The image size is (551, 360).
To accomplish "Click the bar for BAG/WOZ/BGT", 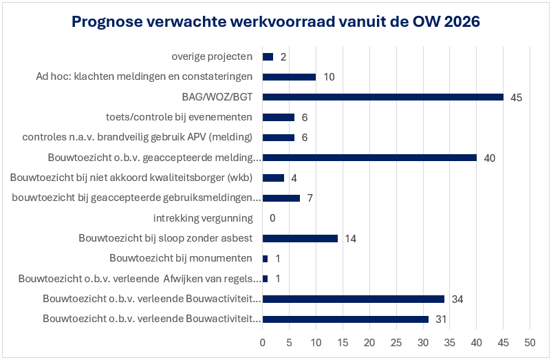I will pos(382,97).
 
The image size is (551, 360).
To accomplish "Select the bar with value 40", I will pos(369,158).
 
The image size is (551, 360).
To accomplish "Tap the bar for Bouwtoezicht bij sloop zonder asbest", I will pos(300,238).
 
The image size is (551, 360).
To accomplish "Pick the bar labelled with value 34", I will pos(354,299).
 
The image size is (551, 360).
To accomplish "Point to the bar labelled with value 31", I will pos(345,319).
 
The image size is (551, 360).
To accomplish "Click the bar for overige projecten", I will pos(268,56).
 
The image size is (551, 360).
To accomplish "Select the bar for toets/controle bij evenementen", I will pos(279,117).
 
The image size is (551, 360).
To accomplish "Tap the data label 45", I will pos(517,98).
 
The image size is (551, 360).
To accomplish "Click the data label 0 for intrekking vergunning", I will pos(273,219).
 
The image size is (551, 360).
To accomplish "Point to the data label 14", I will pos(350,239).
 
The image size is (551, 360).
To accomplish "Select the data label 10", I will pos(329,77).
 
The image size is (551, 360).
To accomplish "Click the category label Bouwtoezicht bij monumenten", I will pos(182,259).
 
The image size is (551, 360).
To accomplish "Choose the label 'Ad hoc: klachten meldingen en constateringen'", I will pos(144,76).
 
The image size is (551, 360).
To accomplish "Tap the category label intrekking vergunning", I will pos(203,218).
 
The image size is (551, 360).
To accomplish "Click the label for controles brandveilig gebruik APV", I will pos(138,137).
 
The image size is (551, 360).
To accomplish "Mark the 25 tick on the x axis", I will pos(396,342).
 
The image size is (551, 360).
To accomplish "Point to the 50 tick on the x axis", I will pos(530,342).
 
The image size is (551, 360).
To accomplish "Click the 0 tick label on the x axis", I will pos(263,342).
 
